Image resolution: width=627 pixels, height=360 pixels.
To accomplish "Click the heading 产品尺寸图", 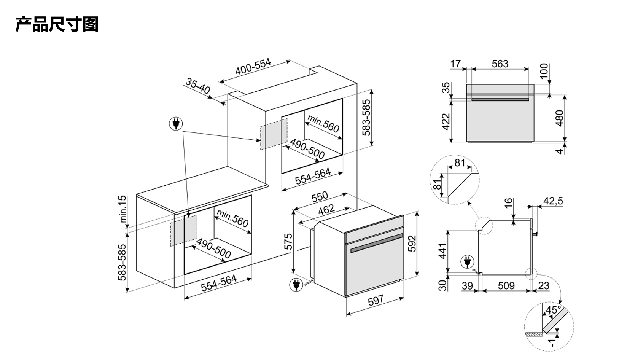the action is (x=57, y=24).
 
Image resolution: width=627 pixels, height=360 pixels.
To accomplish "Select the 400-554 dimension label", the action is (x=253, y=66).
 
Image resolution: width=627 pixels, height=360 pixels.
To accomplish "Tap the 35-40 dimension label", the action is (x=197, y=86).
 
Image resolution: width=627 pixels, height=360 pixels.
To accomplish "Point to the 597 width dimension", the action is (x=376, y=300).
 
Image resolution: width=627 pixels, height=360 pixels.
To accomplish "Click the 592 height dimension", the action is (x=412, y=244).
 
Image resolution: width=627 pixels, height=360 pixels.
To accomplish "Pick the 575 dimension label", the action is (x=288, y=241).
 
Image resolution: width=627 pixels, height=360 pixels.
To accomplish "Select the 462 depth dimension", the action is (x=326, y=209).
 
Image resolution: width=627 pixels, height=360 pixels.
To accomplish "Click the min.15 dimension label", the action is (x=123, y=209).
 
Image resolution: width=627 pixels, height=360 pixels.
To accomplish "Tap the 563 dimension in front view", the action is (x=500, y=64).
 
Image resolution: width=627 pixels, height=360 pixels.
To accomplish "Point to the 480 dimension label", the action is (x=559, y=118).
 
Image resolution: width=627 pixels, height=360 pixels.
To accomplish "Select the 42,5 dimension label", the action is (x=553, y=201).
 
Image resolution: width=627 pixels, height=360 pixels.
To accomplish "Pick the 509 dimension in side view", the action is (x=506, y=285).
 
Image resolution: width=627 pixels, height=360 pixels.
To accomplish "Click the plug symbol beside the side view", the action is (x=467, y=262).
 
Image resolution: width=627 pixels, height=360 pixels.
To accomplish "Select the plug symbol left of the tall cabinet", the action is (x=176, y=124).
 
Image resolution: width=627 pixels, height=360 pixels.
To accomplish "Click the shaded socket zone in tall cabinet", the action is (x=274, y=134).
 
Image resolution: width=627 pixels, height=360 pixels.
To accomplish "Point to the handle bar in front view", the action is (x=500, y=99).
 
